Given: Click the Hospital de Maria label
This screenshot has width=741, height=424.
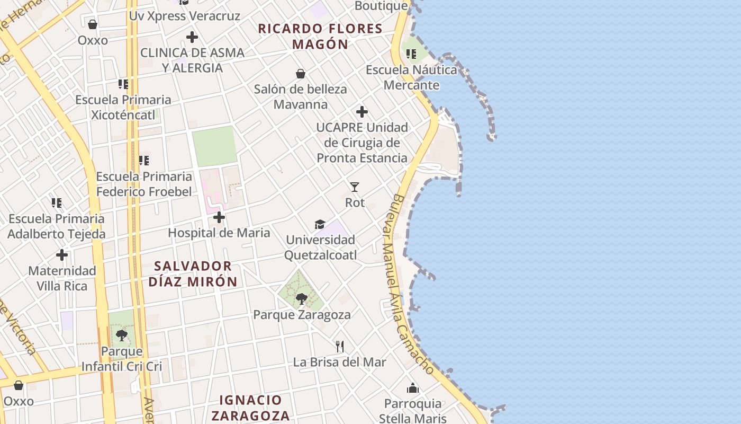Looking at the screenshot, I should click(219, 233).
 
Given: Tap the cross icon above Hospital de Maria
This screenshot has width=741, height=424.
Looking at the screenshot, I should click(219, 217).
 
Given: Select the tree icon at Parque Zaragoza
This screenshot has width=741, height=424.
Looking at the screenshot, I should click(302, 299).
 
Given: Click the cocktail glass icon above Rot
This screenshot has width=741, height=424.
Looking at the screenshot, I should click(355, 187).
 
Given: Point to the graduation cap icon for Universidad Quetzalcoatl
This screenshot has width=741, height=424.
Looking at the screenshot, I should click(320, 225).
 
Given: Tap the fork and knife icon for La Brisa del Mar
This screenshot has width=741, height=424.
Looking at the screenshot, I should click(340, 347).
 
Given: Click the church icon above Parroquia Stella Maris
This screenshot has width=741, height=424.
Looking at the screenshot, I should click(413, 388).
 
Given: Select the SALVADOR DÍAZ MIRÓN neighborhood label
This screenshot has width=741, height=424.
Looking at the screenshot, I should click(193, 273).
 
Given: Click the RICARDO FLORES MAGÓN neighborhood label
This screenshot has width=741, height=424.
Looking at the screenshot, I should click(320, 36).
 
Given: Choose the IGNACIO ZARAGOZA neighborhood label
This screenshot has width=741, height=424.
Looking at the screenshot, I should click(250, 408).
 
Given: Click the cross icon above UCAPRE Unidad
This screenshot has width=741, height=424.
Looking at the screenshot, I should click(362, 112).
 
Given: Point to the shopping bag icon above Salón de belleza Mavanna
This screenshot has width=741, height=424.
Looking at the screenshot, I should click(301, 74).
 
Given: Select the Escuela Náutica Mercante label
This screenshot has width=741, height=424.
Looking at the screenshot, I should click(411, 77).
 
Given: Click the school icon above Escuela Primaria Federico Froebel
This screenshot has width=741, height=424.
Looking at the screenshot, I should click(144, 160).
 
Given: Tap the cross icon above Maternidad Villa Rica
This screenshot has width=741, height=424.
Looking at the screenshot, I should click(62, 255).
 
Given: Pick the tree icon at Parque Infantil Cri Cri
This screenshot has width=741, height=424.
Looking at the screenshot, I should click(122, 335).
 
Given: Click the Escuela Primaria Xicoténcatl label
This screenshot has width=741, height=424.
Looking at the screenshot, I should click(123, 107).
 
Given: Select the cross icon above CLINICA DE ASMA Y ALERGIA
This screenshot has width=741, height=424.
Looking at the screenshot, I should click(192, 37).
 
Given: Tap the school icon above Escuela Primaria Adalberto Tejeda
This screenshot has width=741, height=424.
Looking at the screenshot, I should click(57, 202).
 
